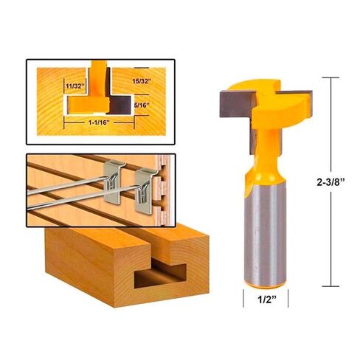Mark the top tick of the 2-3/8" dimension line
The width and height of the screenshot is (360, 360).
coord(331,77)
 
